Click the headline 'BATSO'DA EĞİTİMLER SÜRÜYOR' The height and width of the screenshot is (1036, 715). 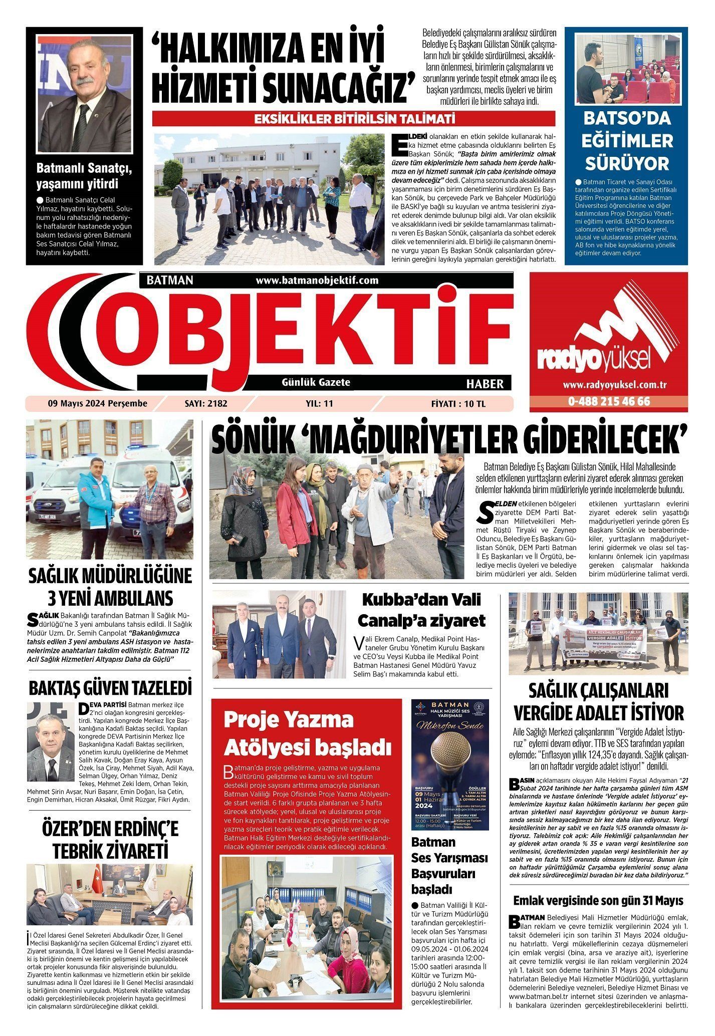tap(627, 141)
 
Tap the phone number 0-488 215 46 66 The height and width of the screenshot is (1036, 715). tap(609, 401)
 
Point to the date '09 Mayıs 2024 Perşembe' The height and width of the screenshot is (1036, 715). tap(97, 403)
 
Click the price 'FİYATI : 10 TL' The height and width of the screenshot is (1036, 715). tap(458, 403)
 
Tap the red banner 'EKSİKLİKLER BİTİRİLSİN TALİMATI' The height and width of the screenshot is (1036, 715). tap(354, 119)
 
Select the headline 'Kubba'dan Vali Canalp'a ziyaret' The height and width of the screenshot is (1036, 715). tap(420, 610)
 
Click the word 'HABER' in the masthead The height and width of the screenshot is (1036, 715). tap(485, 384)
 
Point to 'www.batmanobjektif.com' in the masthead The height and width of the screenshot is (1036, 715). tap(317, 281)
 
